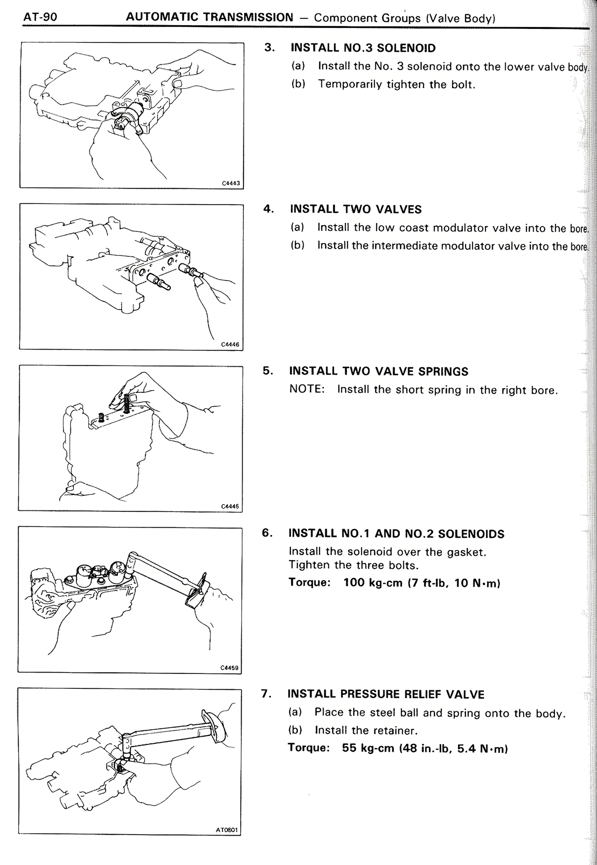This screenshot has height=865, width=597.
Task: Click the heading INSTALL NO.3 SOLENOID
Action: pos(363,48)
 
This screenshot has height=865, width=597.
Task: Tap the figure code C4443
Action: pos(230,183)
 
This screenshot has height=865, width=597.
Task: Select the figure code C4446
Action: pos(230,344)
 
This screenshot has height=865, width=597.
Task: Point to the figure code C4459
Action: pos(229,667)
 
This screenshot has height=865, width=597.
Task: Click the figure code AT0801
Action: pos(227,830)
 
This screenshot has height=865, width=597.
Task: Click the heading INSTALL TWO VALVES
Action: pos(355,209)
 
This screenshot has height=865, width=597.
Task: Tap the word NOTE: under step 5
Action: pos(306,389)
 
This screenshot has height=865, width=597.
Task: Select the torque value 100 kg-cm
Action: pos(372,583)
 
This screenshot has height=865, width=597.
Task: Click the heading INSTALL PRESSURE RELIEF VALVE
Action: pos(386,694)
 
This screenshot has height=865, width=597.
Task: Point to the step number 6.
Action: pos(266,533)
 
